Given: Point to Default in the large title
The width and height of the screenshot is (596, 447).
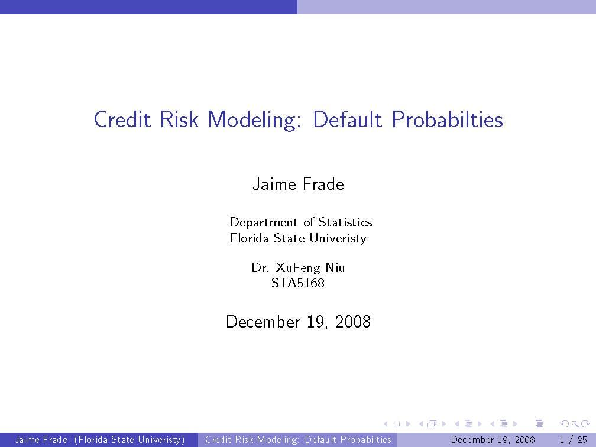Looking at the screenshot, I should coord(347,119).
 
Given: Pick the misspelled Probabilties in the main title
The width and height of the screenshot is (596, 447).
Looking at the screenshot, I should coord(448,119).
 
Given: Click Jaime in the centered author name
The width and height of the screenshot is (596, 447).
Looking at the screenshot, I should coord(274,184).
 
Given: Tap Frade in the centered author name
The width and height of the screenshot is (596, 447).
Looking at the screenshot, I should coord(323,184).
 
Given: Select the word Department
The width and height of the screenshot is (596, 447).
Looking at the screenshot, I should coord(264,223).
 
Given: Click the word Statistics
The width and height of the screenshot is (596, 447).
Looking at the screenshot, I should coord(345,222).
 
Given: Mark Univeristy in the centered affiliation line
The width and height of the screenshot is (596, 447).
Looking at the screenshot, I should coord(338,239).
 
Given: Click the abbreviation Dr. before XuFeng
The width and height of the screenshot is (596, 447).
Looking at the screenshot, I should coord(260,268).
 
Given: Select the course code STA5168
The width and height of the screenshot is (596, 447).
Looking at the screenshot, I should coord(298,283).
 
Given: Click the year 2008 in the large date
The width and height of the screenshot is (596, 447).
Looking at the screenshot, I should coord(352,322).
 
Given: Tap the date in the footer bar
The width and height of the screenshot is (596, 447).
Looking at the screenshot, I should coord(493,439).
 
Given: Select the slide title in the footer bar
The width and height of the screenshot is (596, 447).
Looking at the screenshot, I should coord(298,439).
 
